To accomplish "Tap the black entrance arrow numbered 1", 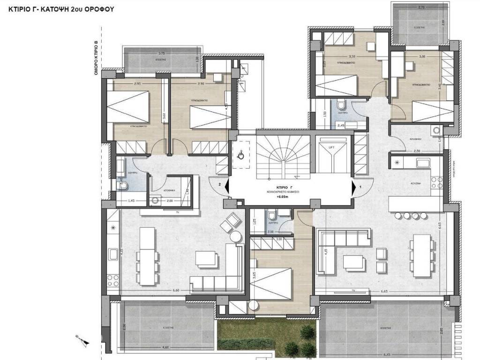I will (x=354, y=187).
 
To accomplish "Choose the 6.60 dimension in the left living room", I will (x=176, y=291).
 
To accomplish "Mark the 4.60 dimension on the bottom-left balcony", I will (x=165, y=347).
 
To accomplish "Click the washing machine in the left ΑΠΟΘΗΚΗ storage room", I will (x=155, y=199).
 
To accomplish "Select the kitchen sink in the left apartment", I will (x=113, y=255).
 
